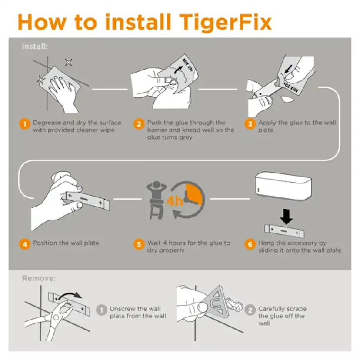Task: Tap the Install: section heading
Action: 35,46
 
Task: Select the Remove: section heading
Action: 39,278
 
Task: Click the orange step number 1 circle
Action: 24,124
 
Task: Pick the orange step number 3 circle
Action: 250,124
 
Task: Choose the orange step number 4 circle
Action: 24,244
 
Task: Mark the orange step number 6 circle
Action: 250,244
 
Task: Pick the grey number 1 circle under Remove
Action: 101,310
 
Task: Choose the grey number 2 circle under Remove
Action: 250,310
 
